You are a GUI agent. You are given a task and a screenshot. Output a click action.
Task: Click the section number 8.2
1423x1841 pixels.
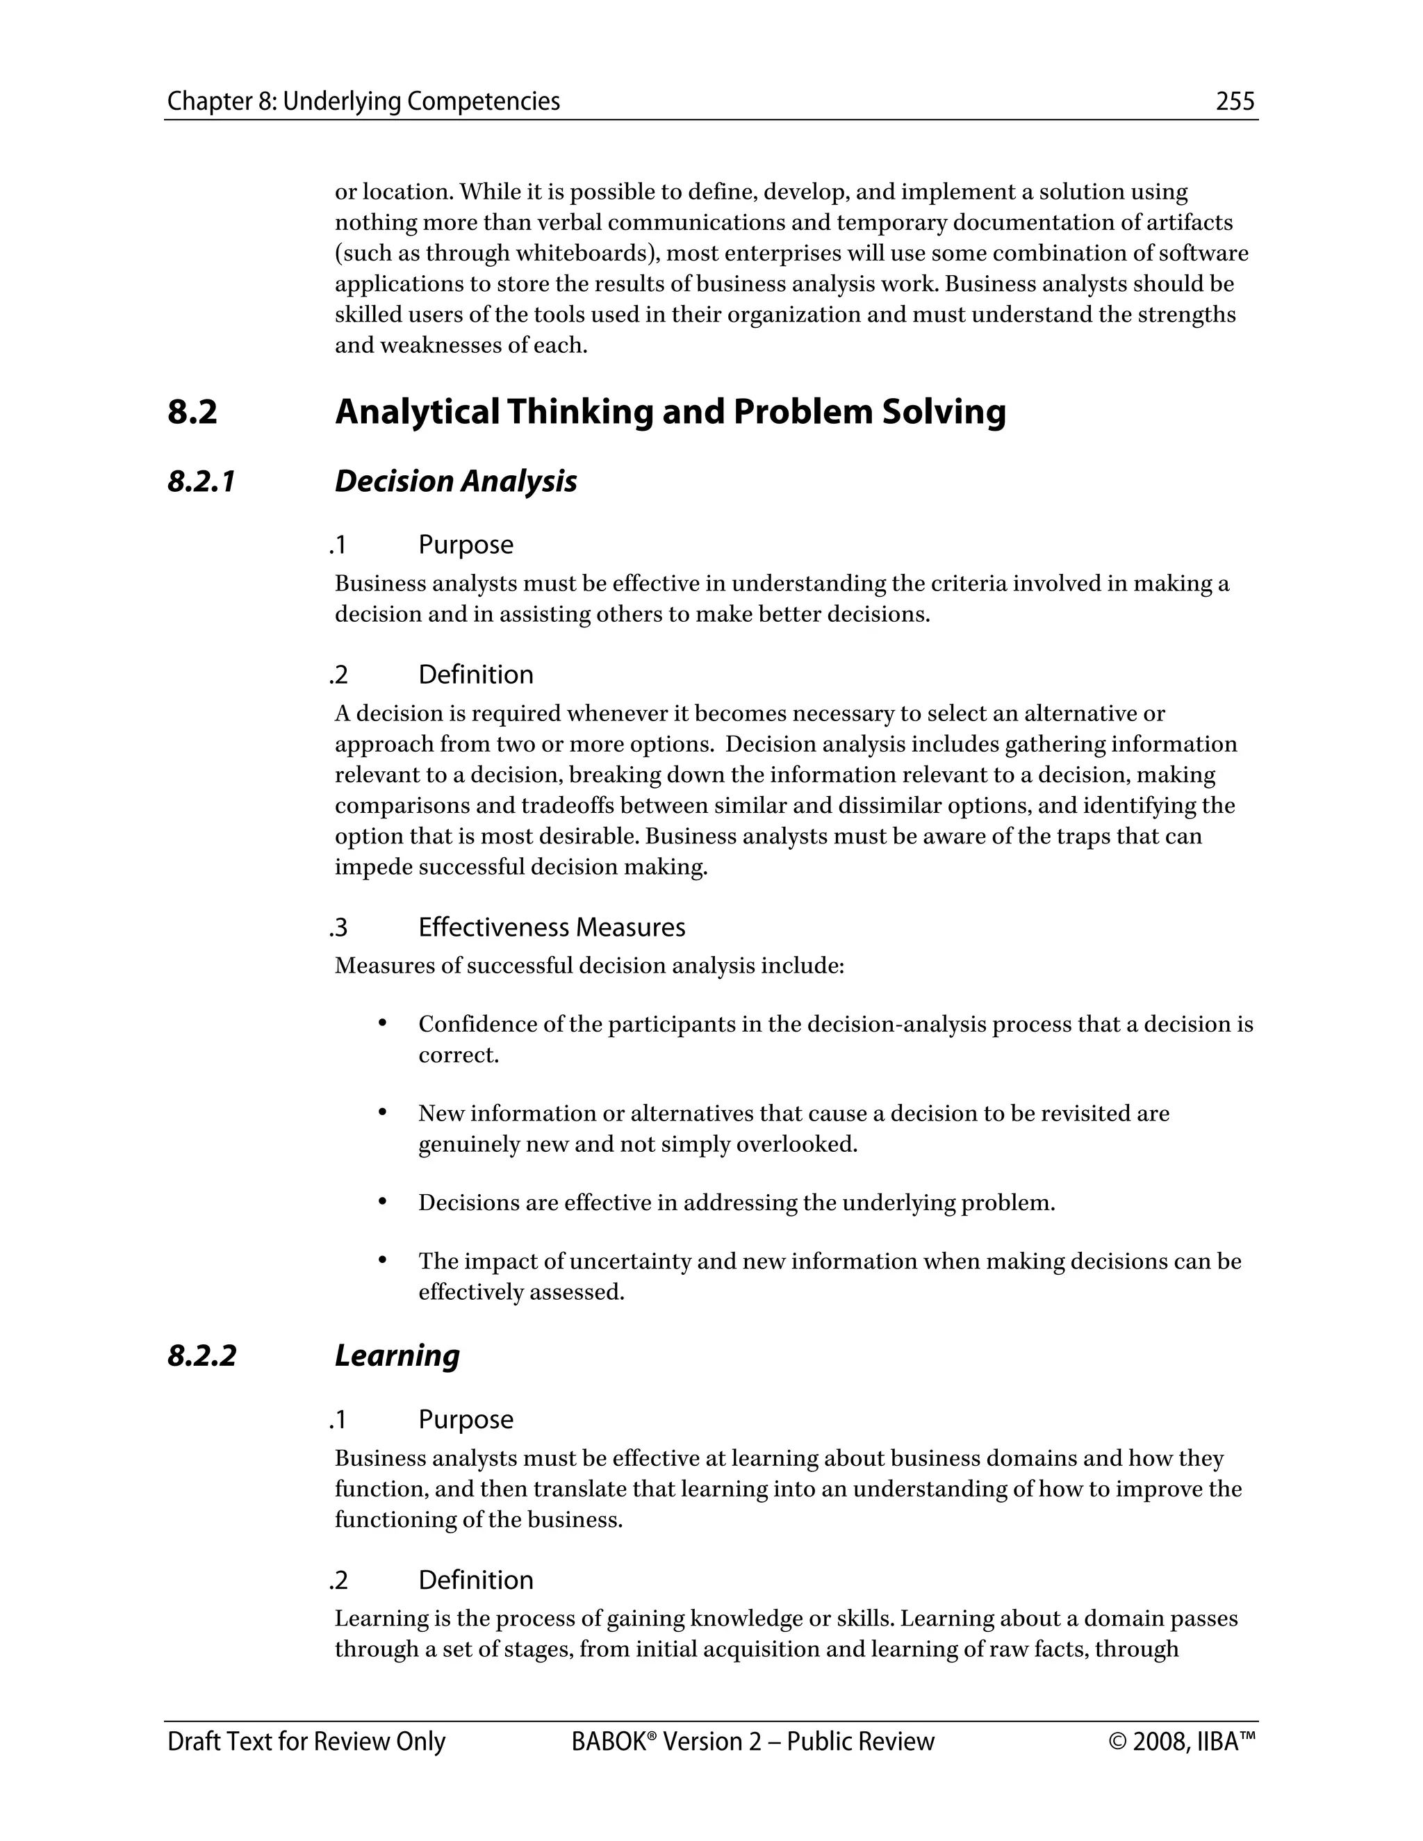(192, 412)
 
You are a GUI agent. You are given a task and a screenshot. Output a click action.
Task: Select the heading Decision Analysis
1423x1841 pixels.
(455, 481)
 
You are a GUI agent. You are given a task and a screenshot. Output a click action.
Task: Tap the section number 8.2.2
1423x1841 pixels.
(201, 1355)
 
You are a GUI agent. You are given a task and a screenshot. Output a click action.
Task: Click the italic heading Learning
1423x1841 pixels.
(397, 1355)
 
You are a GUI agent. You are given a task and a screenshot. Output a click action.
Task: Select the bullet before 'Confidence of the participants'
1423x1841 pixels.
(382, 1023)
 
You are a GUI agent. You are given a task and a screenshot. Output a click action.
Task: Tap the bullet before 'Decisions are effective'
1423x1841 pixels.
(382, 1200)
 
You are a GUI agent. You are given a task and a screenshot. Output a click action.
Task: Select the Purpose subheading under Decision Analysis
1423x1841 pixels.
(466, 545)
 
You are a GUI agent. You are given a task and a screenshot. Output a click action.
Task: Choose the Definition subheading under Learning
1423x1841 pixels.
(475, 1580)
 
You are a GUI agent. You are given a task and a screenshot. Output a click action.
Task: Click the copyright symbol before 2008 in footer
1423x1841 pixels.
(1118, 1742)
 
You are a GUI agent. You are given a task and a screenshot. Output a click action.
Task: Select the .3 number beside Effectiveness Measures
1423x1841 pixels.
(338, 928)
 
